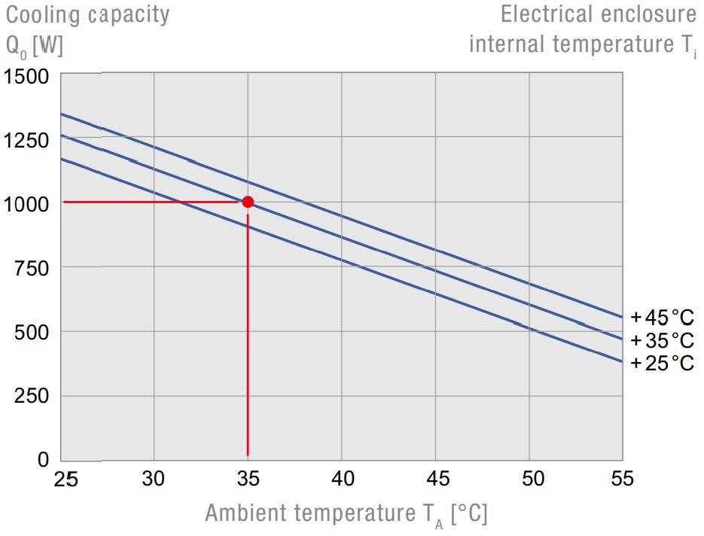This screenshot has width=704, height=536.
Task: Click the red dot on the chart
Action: point(248,202)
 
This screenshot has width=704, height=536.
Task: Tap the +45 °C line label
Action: point(662,316)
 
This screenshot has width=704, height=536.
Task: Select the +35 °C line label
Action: point(662,340)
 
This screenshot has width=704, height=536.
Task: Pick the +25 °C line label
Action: point(662,363)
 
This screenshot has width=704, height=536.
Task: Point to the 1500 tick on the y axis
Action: point(26,77)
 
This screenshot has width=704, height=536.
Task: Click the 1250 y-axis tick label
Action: point(26,140)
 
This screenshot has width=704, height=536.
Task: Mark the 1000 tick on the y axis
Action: point(26,204)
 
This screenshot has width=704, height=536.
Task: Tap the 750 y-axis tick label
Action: point(32,268)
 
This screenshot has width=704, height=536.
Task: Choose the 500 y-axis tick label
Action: point(32,332)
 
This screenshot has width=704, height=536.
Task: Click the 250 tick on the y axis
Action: point(32,396)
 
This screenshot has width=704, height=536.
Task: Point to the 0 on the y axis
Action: point(42,459)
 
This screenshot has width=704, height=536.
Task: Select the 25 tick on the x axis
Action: point(67,479)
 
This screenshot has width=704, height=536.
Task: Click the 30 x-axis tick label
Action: point(154,479)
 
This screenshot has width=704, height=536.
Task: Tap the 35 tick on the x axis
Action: point(248,479)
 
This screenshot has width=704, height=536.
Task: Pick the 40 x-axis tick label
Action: point(342,479)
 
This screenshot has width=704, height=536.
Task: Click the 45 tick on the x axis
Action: point(435,479)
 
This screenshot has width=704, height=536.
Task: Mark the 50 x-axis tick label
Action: point(529,479)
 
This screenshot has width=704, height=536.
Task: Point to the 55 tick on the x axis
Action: point(622,479)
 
